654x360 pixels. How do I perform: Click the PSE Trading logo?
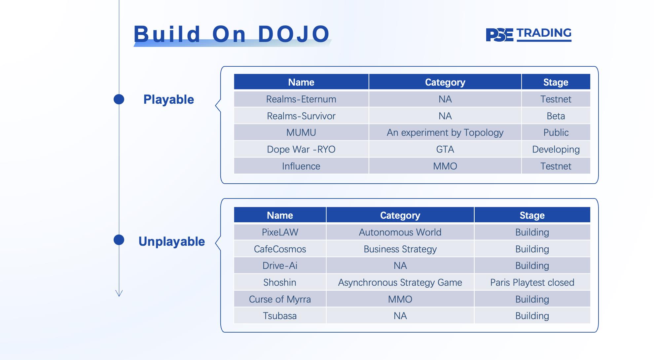(528, 34)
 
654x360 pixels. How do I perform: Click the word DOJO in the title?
(294, 34)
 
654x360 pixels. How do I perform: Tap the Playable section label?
(168, 99)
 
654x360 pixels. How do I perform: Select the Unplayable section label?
(171, 241)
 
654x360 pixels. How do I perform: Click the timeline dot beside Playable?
(119, 99)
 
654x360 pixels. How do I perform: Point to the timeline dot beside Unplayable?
(119, 240)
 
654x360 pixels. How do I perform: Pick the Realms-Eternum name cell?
(301, 99)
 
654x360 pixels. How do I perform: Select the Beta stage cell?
(556, 116)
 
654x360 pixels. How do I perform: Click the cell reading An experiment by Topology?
(445, 132)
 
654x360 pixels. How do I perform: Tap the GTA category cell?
(445, 149)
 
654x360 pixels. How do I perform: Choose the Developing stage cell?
(556, 149)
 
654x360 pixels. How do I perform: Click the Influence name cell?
(301, 166)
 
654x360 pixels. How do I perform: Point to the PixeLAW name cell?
(280, 232)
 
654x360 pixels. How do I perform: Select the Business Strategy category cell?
(400, 249)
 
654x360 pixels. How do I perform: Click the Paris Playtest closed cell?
(532, 282)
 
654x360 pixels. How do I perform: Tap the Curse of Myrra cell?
(280, 299)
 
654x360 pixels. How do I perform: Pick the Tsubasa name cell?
(280, 316)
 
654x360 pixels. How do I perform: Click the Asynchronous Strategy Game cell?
(400, 282)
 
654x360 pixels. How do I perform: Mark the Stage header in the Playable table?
(556, 82)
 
